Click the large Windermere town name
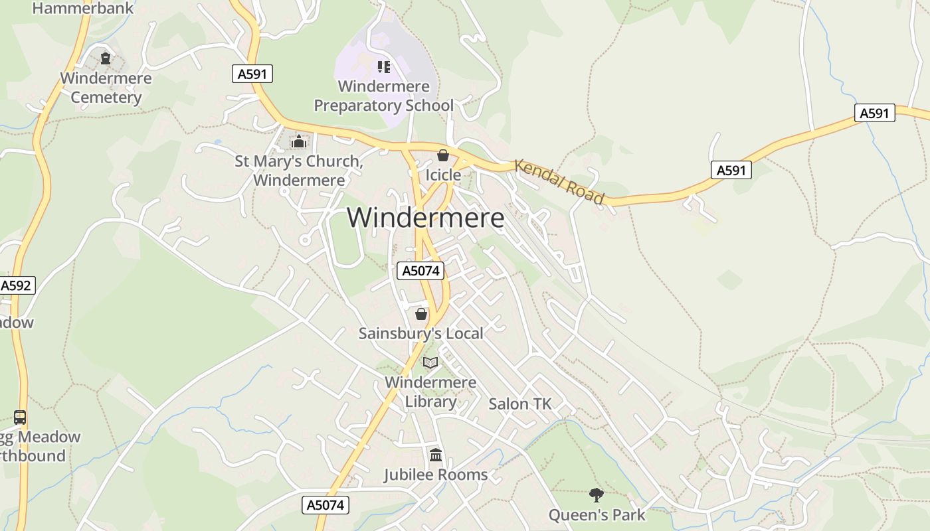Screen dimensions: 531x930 [x=425, y=218]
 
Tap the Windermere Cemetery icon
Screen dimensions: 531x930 [x=106, y=58]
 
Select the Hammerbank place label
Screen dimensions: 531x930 [x=82, y=9]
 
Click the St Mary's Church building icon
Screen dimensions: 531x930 [x=299, y=141]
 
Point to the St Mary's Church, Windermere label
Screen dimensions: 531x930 [x=299, y=171]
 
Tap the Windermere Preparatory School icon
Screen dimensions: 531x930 [x=383, y=66]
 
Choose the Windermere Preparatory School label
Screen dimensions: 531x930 [x=383, y=96]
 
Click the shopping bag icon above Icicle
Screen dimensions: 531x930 [x=443, y=155]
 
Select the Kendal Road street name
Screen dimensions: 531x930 [x=560, y=182]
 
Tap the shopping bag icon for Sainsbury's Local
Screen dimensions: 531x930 [x=421, y=313]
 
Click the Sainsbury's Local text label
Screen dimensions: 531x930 [x=421, y=333]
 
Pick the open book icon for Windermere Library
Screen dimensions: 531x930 [x=430, y=362]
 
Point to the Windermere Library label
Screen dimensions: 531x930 [x=430, y=392]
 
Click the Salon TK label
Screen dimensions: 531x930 [x=520, y=404]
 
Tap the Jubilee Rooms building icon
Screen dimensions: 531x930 [x=436, y=455]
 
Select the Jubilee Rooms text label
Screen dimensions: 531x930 [x=436, y=475]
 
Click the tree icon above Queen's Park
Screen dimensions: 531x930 [x=597, y=494]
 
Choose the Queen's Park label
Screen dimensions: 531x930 [x=597, y=514]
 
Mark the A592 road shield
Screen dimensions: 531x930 [x=16, y=285]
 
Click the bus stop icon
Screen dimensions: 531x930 [x=20, y=417]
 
